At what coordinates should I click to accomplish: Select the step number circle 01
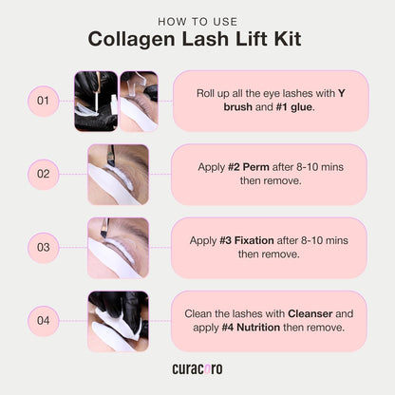pyautogui.click(x=43, y=100)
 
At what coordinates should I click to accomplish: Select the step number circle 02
pyautogui.click(x=43, y=174)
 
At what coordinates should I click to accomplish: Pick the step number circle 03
pyautogui.click(x=43, y=248)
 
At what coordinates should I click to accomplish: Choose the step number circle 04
pyautogui.click(x=43, y=321)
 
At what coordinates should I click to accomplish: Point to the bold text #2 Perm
pyautogui.click(x=247, y=166)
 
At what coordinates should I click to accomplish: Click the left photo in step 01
pyautogui.click(x=95, y=100)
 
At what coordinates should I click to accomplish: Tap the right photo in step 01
pyautogui.click(x=139, y=100)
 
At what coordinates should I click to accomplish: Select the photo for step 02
pyautogui.click(x=117, y=175)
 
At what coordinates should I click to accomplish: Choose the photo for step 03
pyautogui.click(x=117, y=248)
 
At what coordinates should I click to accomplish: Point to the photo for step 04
pyautogui.click(x=117, y=321)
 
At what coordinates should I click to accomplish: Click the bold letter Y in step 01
pyautogui.click(x=342, y=92)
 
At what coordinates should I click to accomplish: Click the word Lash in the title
pyautogui.click(x=228, y=40)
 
